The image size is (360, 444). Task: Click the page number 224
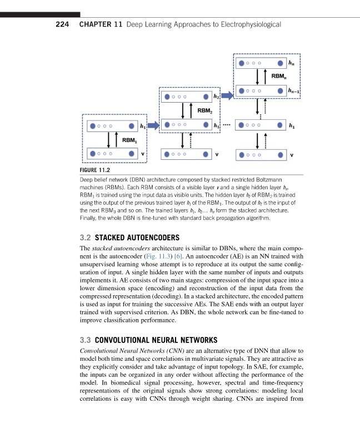pyautogui.click(x=63, y=24)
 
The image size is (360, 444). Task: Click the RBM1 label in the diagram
pyautogui.click(x=130, y=140)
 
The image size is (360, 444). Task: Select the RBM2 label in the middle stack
pyautogui.click(x=206, y=110)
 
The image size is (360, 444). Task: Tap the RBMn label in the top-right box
pyautogui.click(x=279, y=76)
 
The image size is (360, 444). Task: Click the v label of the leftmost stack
pyautogui.click(x=143, y=154)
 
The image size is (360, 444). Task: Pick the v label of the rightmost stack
pyautogui.click(x=292, y=155)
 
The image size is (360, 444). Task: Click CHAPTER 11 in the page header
pyautogui.click(x=101, y=24)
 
